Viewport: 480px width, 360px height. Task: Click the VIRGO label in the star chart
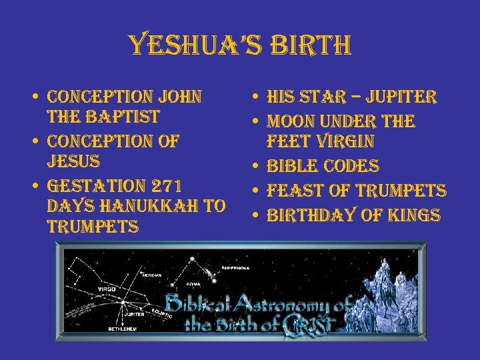(106, 289)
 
